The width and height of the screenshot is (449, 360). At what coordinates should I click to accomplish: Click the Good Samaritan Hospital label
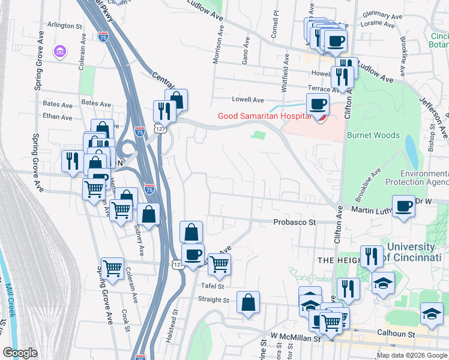coord(264,116)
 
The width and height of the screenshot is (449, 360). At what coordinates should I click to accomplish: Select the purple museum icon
coord(60,52)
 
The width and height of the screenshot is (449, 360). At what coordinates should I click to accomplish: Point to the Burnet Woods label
coord(373,135)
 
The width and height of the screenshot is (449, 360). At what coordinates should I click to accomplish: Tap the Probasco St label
coord(295,221)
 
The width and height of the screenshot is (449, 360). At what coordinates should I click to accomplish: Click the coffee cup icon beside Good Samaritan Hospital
coord(317,104)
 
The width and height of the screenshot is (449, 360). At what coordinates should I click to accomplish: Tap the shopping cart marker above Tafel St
coord(219,263)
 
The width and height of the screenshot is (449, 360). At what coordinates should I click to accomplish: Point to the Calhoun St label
coord(396,332)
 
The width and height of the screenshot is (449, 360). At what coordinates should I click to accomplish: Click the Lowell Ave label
coord(249,100)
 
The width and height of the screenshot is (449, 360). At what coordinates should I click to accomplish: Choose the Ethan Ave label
coord(58,117)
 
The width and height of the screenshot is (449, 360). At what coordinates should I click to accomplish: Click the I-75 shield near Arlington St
coord(103,37)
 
